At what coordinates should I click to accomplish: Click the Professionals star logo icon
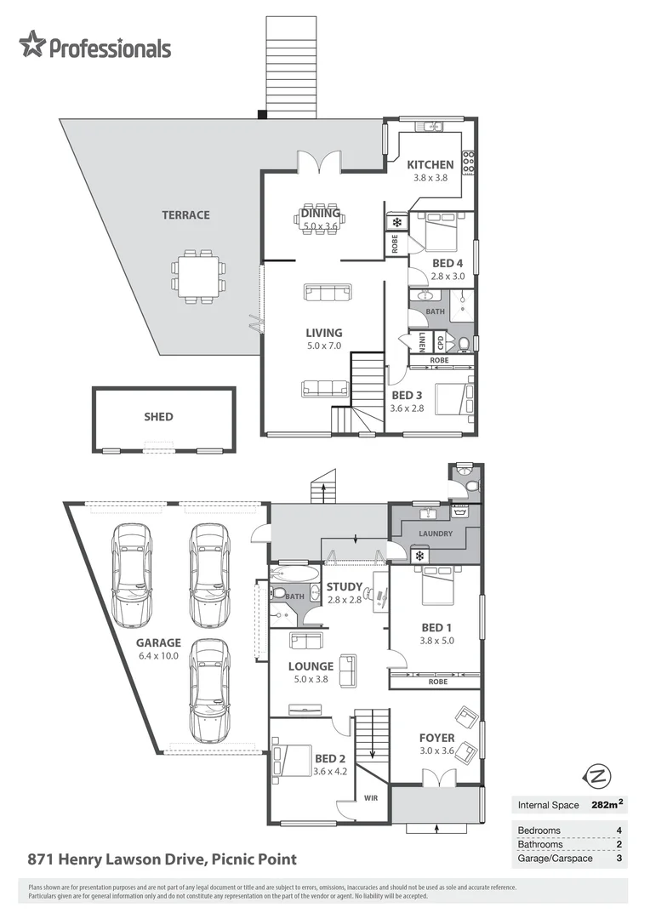point(32,45)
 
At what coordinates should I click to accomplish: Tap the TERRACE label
point(185,215)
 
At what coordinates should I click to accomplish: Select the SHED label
point(158,417)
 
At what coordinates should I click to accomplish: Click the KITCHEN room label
point(430,165)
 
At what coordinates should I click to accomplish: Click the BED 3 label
point(407,396)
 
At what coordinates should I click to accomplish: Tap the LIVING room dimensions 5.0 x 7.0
point(323,346)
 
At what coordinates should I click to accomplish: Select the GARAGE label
point(158,643)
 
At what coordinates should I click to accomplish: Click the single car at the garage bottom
point(210,689)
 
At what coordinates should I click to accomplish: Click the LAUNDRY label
point(435,534)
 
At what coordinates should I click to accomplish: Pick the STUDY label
point(345,587)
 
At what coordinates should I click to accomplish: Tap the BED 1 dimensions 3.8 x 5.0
point(436,641)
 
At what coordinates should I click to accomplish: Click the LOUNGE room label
point(311,666)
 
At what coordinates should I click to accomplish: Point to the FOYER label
point(436,738)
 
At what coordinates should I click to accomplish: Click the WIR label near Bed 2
point(371,798)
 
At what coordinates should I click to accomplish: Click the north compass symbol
point(599,776)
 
